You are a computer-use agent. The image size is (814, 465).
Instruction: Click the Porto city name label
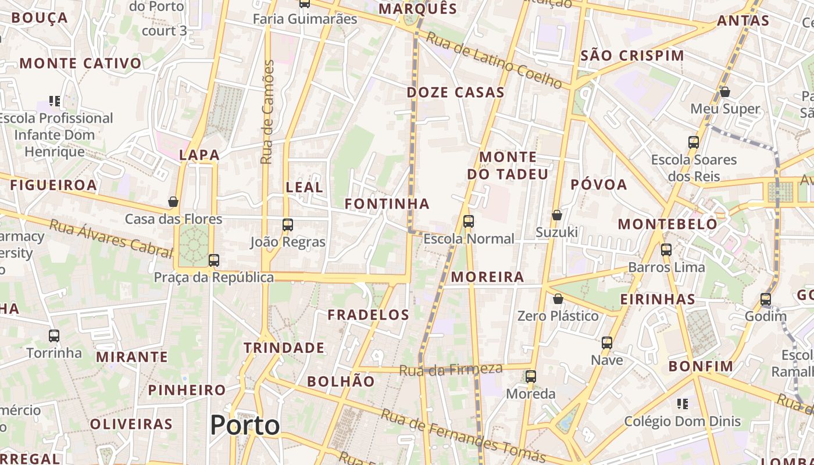(245, 425)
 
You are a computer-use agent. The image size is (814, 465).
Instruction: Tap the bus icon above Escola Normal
(469, 221)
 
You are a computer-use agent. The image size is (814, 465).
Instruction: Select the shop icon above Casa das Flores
(173, 202)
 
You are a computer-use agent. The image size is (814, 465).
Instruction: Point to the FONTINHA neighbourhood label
(387, 203)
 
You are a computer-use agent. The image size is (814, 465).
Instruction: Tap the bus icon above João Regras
(288, 224)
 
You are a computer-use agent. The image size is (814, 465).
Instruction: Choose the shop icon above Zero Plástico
(558, 299)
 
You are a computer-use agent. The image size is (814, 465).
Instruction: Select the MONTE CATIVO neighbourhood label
(81, 63)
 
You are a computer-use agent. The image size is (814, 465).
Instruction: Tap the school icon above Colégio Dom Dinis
(683, 403)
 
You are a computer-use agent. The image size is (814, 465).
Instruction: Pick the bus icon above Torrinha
(54, 335)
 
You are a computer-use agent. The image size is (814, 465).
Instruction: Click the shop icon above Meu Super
(725, 92)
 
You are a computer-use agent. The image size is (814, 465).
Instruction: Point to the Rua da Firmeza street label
(451, 369)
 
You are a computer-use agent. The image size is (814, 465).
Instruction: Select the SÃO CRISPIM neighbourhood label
(633, 56)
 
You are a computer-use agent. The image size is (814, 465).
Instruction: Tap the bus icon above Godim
(766, 299)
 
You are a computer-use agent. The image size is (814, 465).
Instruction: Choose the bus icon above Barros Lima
(666, 250)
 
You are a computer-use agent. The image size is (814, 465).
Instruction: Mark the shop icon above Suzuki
(557, 215)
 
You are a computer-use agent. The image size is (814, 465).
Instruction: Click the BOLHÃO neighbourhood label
(341, 381)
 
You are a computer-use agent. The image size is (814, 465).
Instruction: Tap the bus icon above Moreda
(531, 376)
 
